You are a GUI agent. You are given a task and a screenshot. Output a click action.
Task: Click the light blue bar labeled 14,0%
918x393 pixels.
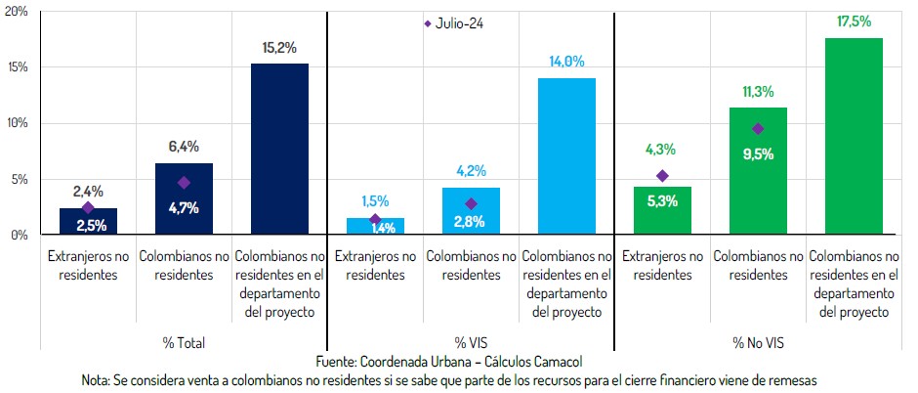click(x=566, y=156)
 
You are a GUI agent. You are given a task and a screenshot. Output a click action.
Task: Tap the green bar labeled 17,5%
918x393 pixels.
click(x=854, y=137)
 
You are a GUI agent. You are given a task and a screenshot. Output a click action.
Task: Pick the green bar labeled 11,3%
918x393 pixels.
click(x=758, y=171)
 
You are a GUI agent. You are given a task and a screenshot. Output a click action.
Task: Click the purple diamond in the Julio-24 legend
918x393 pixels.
click(x=427, y=23)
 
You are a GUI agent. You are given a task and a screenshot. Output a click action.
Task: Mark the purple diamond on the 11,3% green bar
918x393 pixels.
click(x=758, y=128)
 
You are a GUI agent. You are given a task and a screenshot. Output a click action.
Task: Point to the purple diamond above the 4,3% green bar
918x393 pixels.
click(x=662, y=176)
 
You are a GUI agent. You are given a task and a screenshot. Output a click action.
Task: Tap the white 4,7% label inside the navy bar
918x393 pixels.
click(x=184, y=207)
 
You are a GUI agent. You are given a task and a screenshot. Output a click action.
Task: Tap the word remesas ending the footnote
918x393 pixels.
click(x=789, y=379)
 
